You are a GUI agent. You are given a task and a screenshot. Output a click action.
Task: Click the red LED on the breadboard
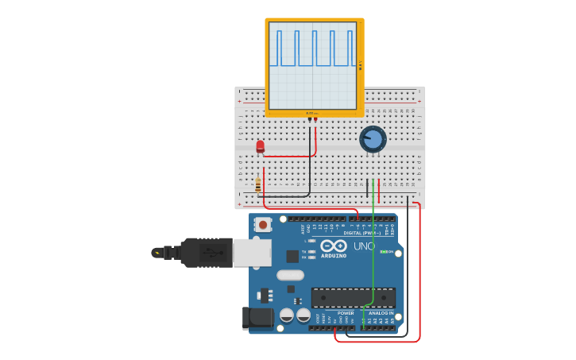(260, 145)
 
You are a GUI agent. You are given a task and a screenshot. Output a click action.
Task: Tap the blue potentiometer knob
(373, 139)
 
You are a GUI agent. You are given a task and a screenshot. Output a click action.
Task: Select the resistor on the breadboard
(258, 184)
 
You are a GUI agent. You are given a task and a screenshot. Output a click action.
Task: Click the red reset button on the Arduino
(262, 225)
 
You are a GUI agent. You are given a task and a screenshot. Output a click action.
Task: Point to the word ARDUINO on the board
(334, 255)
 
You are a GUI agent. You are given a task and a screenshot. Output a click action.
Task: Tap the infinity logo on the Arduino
(334, 246)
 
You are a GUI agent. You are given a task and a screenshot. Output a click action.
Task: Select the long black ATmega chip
(353, 297)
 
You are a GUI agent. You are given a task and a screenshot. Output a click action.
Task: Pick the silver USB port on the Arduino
(252, 252)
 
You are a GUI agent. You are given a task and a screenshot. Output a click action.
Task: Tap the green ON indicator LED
(385, 252)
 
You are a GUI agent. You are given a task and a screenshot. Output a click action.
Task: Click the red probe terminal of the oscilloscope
(315, 119)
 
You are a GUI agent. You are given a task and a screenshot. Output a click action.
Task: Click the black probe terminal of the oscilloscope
(310, 119)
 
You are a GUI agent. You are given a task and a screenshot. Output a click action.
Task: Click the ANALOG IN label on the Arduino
(380, 313)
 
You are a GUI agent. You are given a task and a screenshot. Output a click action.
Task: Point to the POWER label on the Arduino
(346, 313)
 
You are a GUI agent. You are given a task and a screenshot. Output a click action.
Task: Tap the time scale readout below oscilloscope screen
(312, 114)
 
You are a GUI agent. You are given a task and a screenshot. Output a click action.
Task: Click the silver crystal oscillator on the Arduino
(290, 275)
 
